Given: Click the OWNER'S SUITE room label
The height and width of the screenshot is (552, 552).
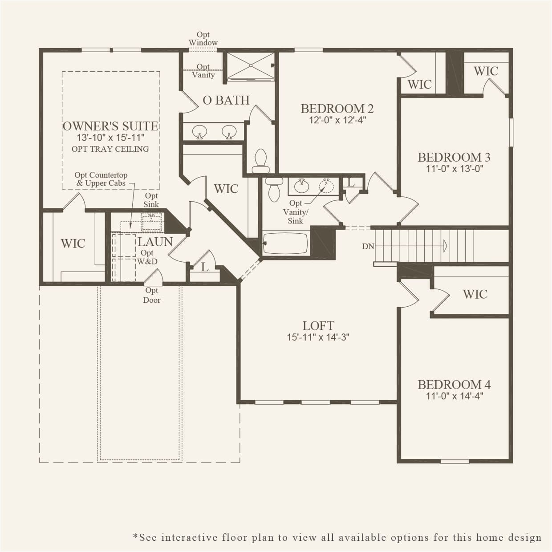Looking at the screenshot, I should click(x=110, y=126).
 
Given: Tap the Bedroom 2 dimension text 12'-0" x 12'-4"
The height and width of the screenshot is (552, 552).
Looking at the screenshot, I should click(x=337, y=120).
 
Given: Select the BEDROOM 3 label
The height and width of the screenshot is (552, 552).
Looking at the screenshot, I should click(x=454, y=157).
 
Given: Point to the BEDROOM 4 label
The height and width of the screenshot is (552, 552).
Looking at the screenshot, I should click(x=454, y=385).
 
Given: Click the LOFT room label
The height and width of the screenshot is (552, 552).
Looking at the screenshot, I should click(x=318, y=326).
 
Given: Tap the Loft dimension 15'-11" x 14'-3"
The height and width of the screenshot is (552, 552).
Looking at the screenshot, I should click(x=318, y=337).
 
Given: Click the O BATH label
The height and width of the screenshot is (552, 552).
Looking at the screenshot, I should click(x=226, y=100).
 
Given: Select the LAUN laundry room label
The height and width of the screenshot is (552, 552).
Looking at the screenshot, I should click(x=155, y=242).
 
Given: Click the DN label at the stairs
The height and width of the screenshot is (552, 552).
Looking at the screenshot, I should click(x=368, y=246).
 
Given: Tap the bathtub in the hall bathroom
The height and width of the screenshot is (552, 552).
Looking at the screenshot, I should click(x=285, y=243).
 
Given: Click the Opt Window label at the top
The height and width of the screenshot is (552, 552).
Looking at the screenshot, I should click(x=203, y=39).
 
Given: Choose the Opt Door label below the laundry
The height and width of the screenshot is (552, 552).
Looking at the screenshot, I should click(x=152, y=295).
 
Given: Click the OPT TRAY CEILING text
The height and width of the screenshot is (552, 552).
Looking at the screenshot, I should click(x=110, y=149).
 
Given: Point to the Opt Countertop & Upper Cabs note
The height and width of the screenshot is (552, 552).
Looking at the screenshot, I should click(x=101, y=179).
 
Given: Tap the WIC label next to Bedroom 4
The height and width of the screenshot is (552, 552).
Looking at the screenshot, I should click(x=475, y=294).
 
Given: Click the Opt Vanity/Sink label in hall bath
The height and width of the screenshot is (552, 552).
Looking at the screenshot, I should click(x=295, y=212).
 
